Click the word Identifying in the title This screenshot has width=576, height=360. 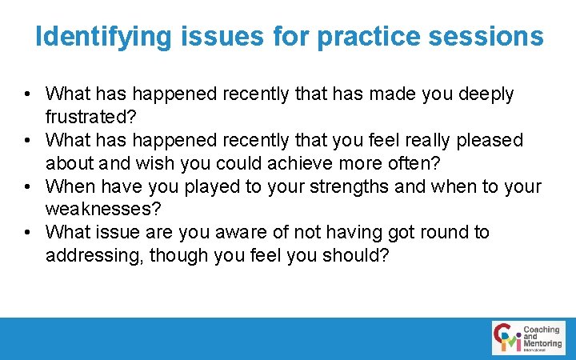103,36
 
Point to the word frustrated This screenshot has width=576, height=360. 92,117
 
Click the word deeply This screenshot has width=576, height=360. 486,94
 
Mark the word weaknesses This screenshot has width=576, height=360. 104,210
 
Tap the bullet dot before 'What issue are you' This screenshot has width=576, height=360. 29,233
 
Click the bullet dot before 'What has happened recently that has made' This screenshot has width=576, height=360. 29,94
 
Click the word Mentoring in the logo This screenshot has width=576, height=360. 542,344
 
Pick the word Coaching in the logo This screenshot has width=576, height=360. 542,330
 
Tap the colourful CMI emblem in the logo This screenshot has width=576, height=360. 507,338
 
